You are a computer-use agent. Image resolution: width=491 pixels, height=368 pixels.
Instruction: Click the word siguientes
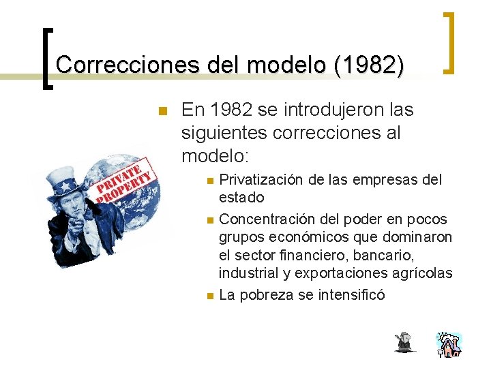pos(223,133)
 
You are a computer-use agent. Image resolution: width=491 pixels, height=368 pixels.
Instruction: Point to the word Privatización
pos(262,180)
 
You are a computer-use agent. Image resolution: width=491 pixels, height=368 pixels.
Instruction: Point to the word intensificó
pos(352,295)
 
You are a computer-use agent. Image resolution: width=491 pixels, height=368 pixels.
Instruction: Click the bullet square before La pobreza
pos(211,296)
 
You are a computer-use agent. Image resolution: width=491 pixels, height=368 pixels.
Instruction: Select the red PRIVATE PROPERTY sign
pos(124,181)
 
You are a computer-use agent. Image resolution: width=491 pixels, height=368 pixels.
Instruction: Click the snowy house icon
pos(449,345)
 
